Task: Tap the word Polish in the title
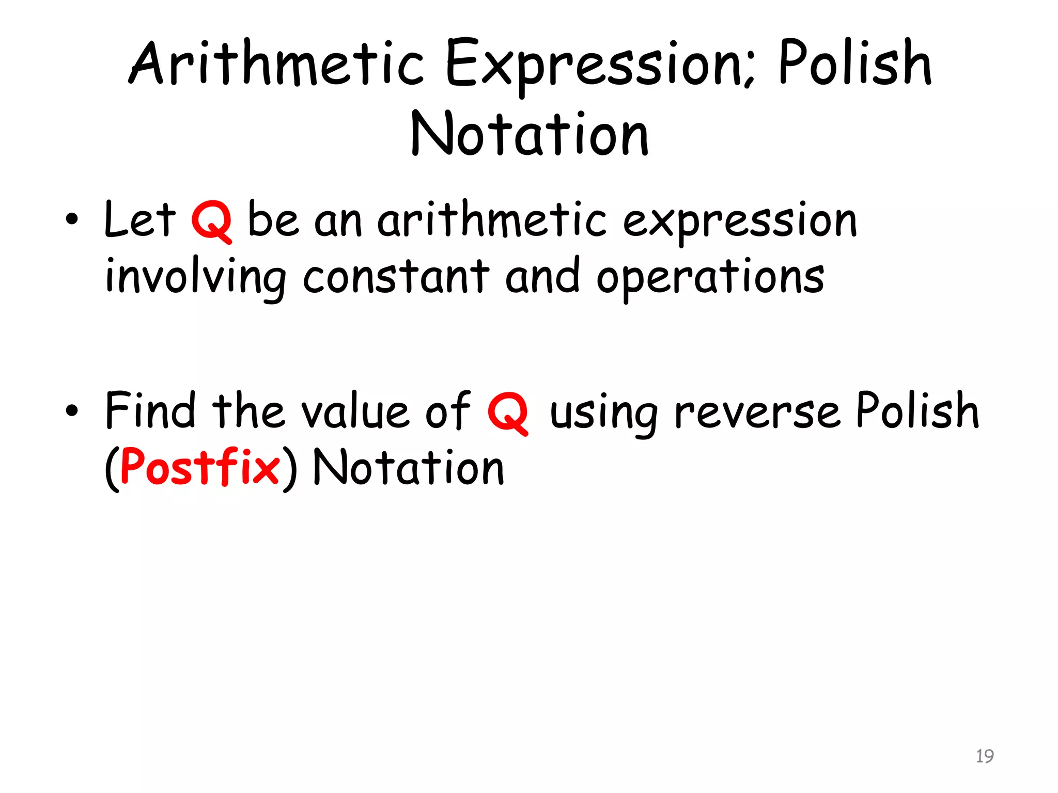tap(855, 65)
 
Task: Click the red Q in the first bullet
tap(211, 221)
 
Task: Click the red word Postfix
tap(200, 467)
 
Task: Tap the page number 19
tap(985, 756)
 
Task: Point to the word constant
tap(395, 276)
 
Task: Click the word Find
tap(150, 410)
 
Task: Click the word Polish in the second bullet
tap(917, 410)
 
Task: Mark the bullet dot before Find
tap(72, 411)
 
